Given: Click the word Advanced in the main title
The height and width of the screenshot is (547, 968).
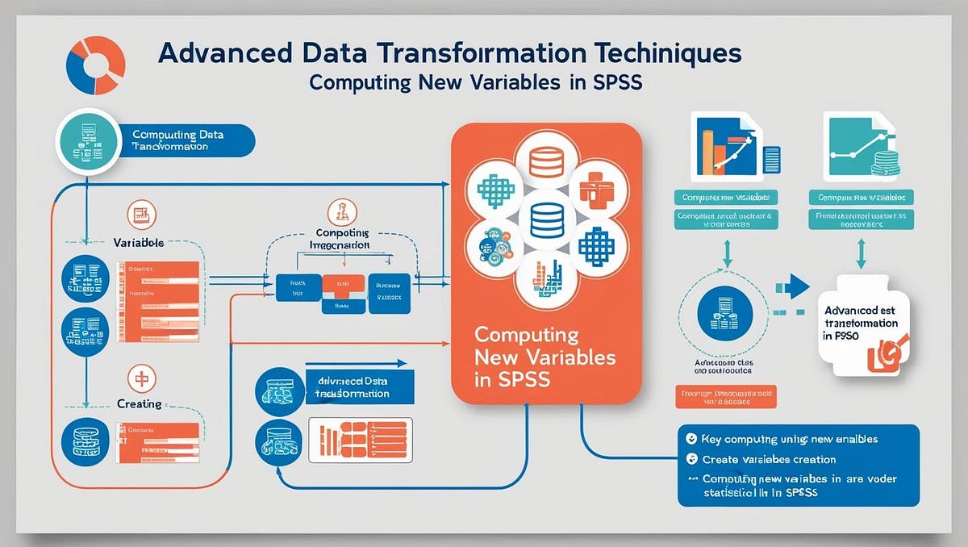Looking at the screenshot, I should point(214,54).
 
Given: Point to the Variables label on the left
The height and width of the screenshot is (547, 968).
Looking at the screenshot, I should point(139,242).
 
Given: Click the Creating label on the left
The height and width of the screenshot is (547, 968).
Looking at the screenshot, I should point(139,403).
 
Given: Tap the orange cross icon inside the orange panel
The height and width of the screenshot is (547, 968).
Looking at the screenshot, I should point(598,190).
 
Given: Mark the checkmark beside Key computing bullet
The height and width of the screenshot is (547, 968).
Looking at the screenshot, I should point(691,439).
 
